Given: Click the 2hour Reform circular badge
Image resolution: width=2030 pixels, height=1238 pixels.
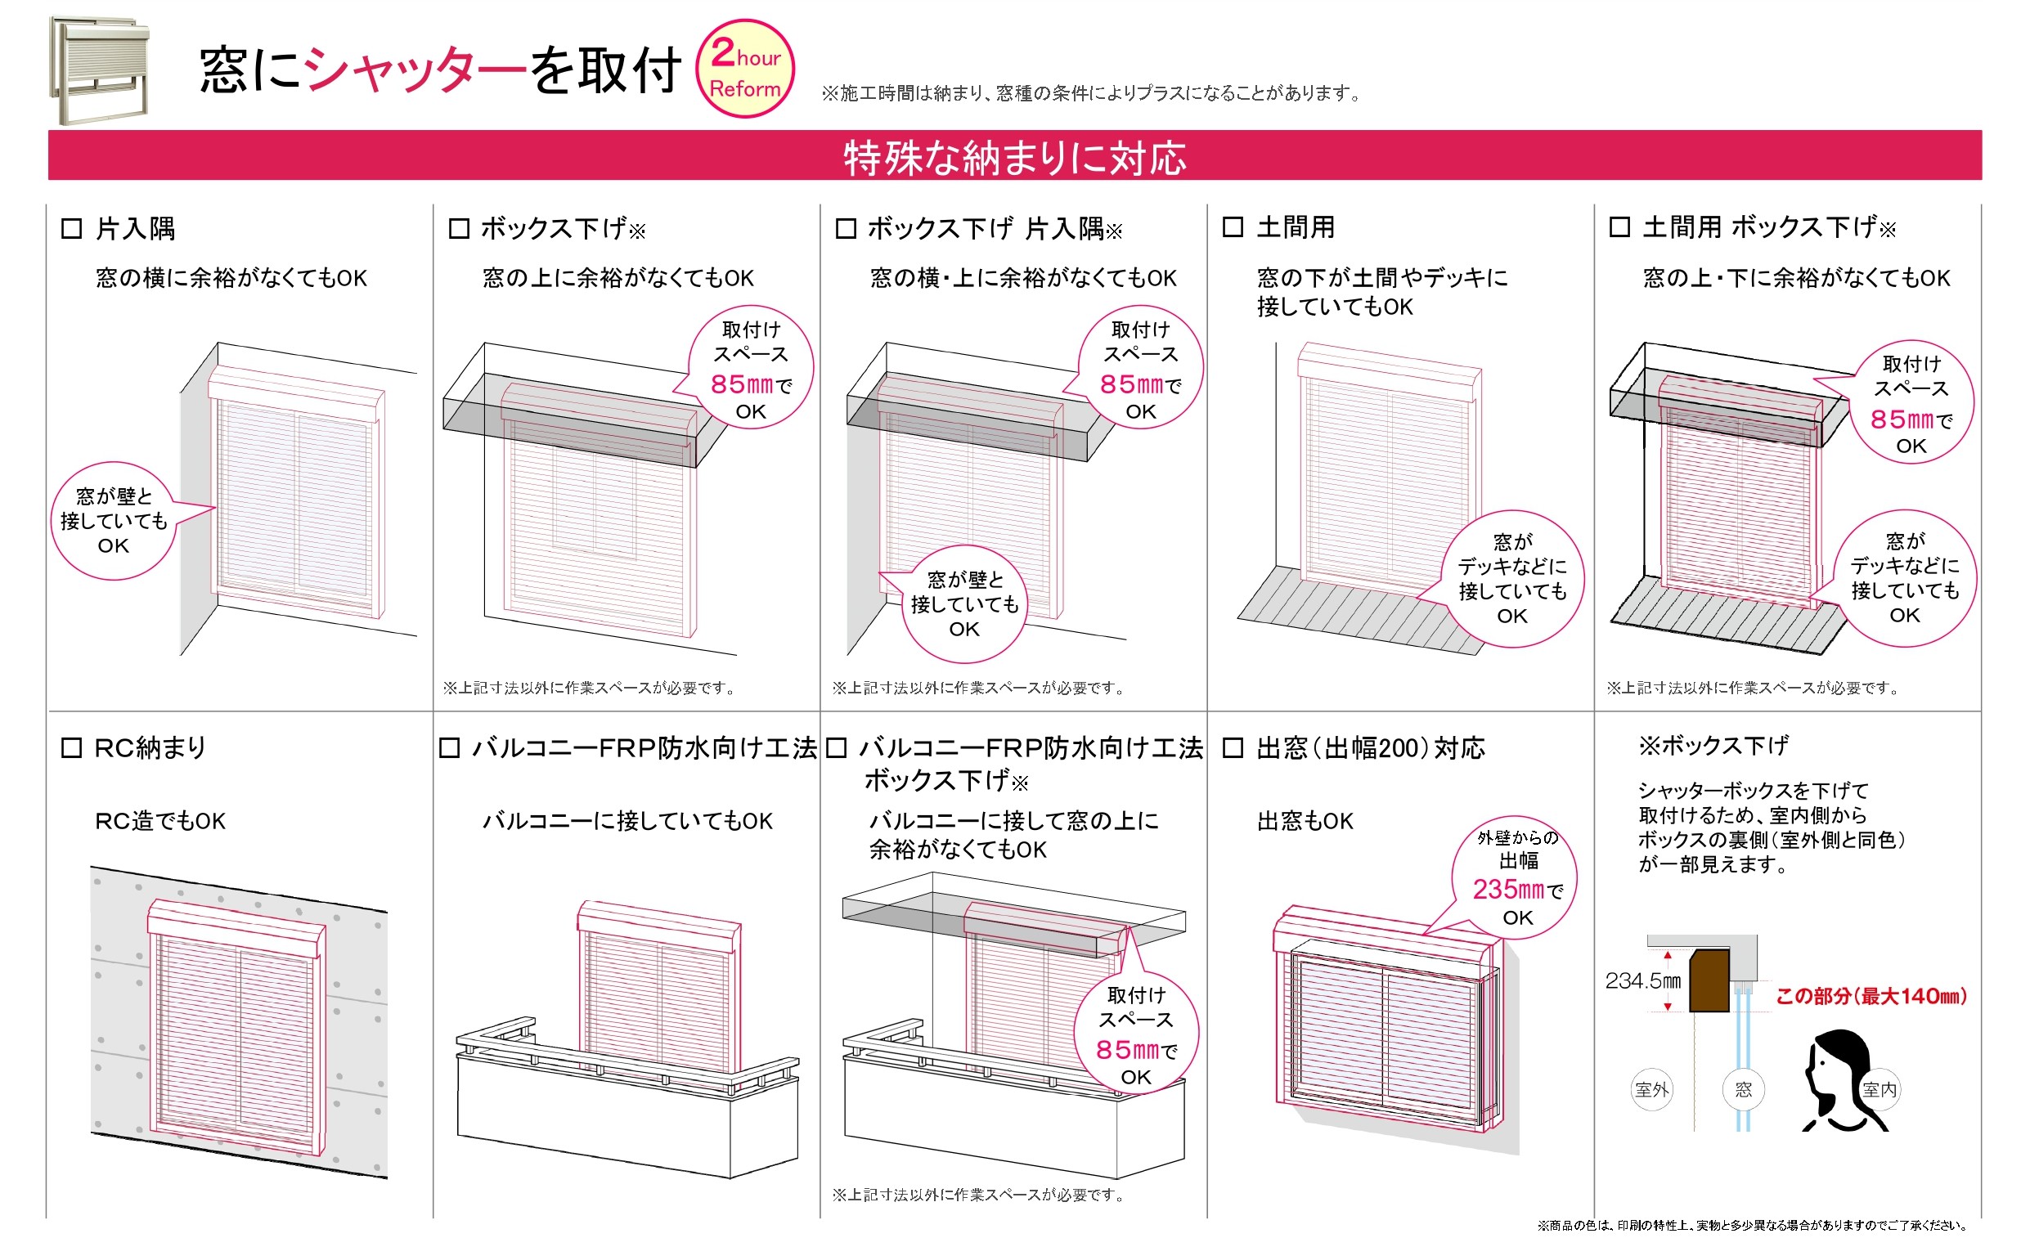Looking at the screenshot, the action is pos(745,70).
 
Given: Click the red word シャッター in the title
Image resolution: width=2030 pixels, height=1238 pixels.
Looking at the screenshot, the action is pos(415,70).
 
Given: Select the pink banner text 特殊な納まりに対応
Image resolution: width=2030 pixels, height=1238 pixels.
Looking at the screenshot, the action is pos(1014,157).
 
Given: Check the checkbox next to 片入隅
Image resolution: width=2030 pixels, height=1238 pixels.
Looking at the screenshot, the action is pos(72,228).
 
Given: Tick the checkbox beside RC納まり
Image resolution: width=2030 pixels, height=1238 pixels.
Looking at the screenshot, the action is pos(72,748).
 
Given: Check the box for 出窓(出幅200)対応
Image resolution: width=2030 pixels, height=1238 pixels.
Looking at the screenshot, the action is pos(1233,748).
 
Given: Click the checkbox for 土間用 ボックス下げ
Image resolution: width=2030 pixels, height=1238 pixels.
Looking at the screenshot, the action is pos(1619,227).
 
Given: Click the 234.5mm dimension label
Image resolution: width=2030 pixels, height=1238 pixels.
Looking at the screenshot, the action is pos(1642,980).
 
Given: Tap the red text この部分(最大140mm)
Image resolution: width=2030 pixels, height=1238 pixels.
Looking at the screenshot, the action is pos(1871,996).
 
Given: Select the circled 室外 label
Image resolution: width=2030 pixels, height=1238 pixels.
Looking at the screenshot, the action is pos(1652,1089).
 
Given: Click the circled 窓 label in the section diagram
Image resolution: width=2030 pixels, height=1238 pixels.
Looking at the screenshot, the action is pos(1743,1089).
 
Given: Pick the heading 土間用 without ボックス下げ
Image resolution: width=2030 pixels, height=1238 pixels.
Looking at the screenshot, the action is pos(1296,227).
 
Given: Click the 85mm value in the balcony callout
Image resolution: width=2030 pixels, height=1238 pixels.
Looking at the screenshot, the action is pos(1127,1049).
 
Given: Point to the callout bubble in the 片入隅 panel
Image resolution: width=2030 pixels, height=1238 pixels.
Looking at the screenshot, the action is pos(115,521).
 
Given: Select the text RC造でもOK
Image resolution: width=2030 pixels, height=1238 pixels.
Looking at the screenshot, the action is pos(159,821).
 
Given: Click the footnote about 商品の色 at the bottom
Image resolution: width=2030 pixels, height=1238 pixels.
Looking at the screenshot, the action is pos(1752,1226).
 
